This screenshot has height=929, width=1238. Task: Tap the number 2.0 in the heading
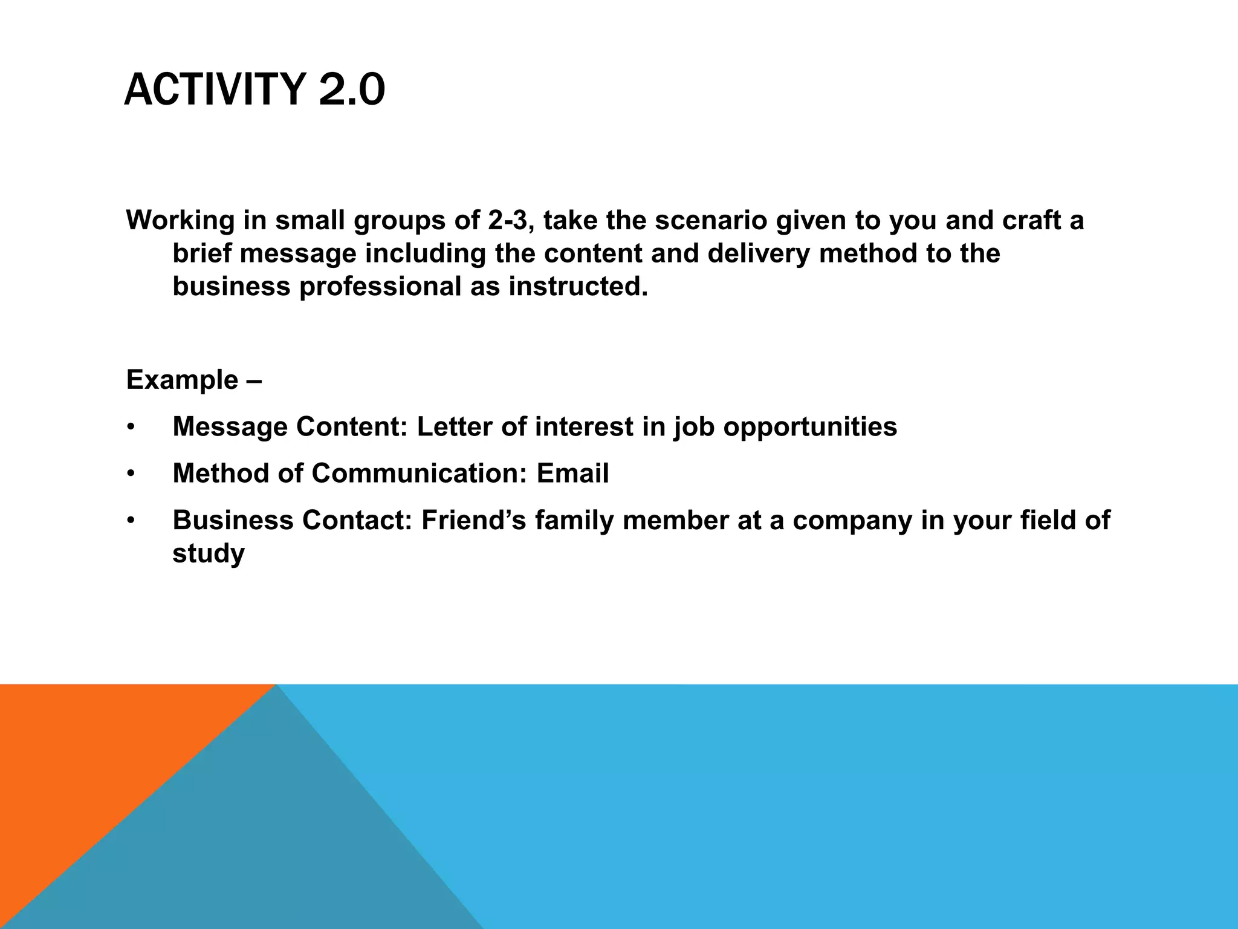(x=351, y=90)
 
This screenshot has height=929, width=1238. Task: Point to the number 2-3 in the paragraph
(x=506, y=221)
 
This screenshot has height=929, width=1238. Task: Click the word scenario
(x=711, y=221)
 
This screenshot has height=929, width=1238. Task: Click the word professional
(x=380, y=286)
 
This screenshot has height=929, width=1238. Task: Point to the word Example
(x=182, y=380)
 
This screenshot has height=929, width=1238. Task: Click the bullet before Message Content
(x=130, y=428)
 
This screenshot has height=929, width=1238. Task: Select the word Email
(x=572, y=474)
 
